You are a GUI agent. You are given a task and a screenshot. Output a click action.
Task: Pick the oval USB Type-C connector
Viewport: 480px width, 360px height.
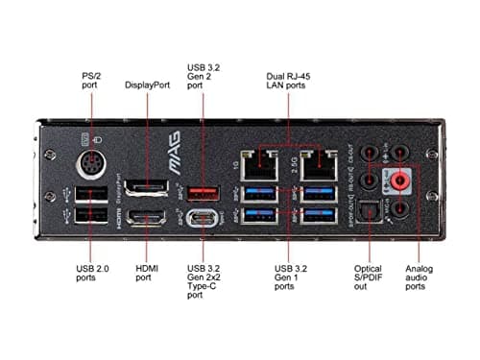coord(204,219)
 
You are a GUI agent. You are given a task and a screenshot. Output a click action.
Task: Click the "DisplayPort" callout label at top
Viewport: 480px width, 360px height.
coord(147,84)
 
